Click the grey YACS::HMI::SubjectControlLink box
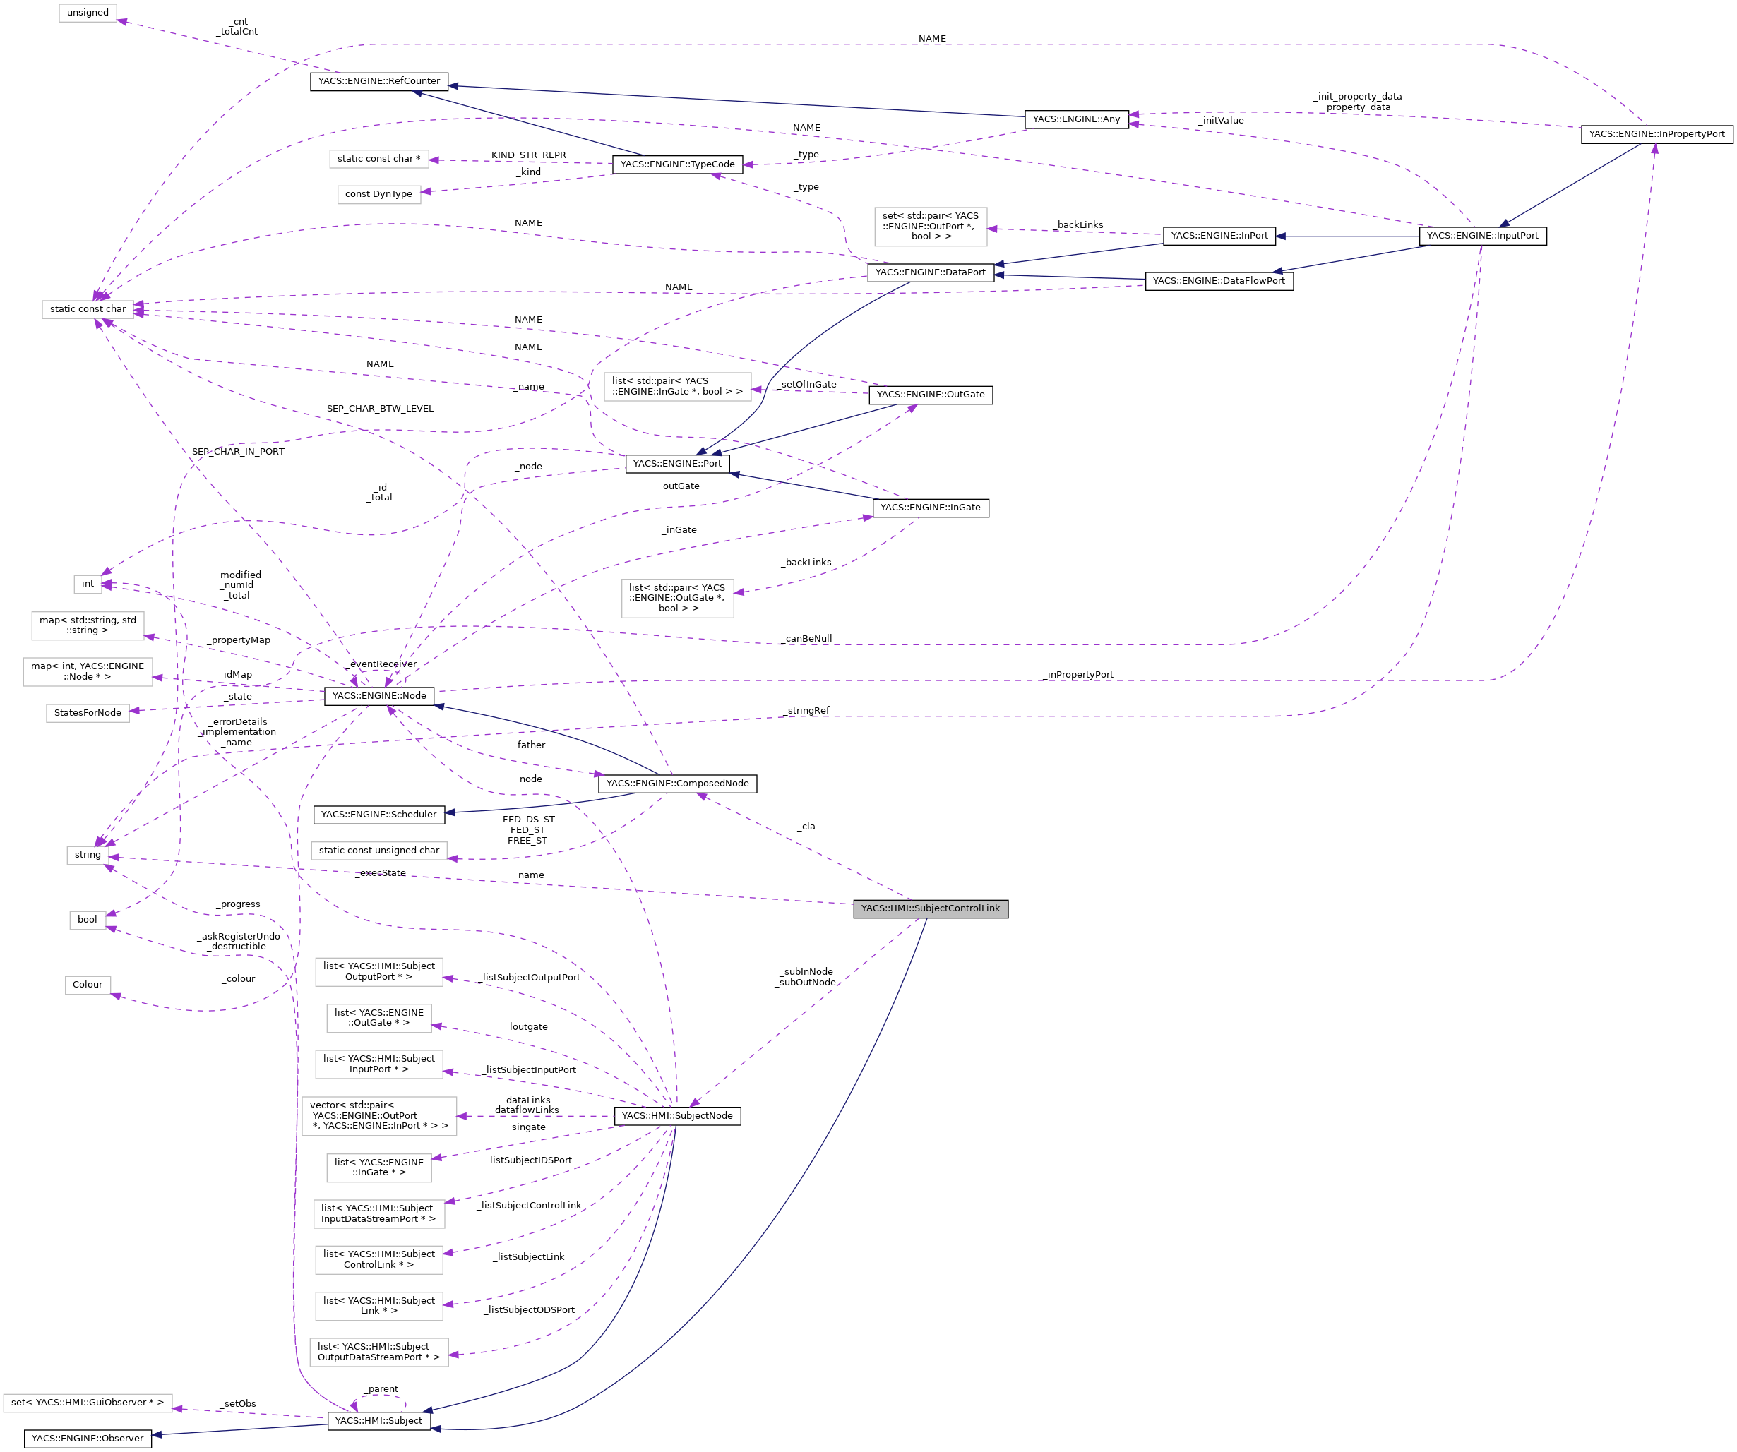pos(930,908)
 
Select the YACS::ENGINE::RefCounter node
pos(379,81)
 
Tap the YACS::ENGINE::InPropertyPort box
pos(1656,134)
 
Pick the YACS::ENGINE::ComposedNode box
pos(676,783)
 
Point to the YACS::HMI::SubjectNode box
pos(676,1115)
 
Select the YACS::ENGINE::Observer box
pos(88,1438)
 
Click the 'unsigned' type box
pos(88,13)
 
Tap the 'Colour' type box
pos(88,984)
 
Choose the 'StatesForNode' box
pos(88,713)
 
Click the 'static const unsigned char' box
pos(379,850)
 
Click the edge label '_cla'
pos(806,826)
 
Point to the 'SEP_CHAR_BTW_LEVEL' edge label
pos(380,409)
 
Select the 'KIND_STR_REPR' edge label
pos(529,155)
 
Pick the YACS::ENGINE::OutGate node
pos(930,395)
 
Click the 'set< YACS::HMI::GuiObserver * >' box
pos(88,1403)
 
